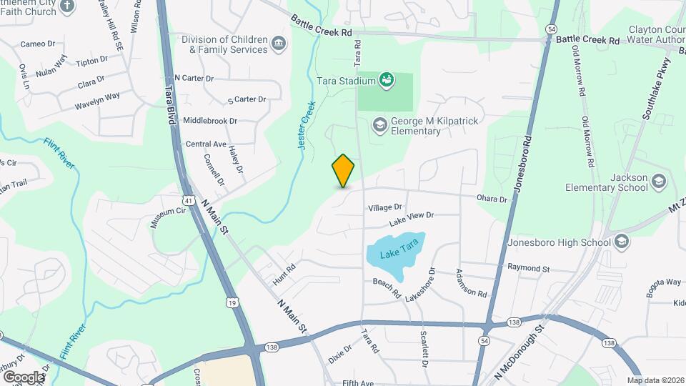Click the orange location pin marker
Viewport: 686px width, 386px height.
(344, 170)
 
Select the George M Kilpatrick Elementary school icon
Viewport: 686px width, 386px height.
(379, 125)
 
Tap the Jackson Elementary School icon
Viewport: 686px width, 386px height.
(658, 182)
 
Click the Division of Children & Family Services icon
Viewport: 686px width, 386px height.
(279, 44)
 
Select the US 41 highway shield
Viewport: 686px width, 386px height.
(187, 202)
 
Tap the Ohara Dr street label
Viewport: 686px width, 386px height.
(492, 199)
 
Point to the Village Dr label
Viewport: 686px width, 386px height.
(385, 207)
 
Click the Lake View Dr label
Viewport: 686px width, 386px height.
(411, 215)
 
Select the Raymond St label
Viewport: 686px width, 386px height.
(528, 269)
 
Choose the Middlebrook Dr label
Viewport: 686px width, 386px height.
(210, 121)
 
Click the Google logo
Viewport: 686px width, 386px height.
(24, 377)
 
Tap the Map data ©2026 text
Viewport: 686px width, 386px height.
(655, 380)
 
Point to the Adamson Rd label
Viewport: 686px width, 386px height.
(472, 284)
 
